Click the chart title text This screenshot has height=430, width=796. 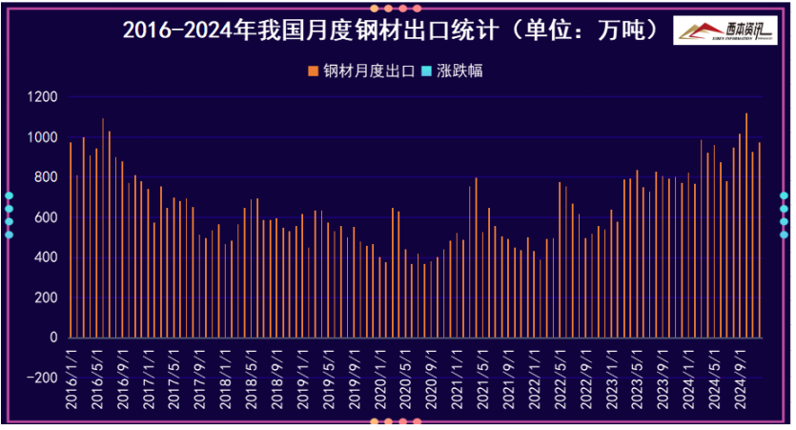pyautogui.click(x=391, y=31)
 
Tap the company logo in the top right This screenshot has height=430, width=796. pyautogui.click(x=724, y=31)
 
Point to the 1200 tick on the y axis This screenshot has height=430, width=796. pyautogui.click(x=43, y=97)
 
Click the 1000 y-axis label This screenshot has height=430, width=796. pyautogui.click(x=43, y=137)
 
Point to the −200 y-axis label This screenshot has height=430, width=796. pyautogui.click(x=41, y=378)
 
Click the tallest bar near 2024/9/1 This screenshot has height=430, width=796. pyautogui.click(x=746, y=226)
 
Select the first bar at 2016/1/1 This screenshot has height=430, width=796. pyautogui.click(x=71, y=240)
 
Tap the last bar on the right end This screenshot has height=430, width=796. pyautogui.click(x=759, y=240)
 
